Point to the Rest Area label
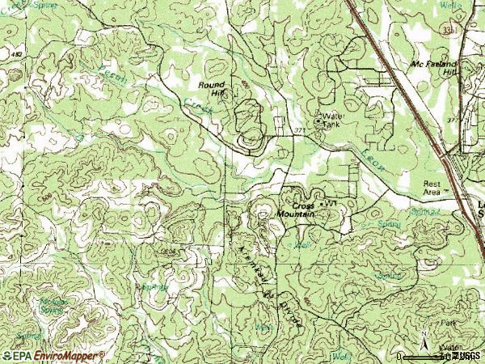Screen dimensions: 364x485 tap(434, 188)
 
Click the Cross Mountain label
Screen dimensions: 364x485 tap(293, 209)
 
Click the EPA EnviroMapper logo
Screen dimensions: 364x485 tap(54, 356)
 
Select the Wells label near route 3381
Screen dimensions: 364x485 tap(450, 6)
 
